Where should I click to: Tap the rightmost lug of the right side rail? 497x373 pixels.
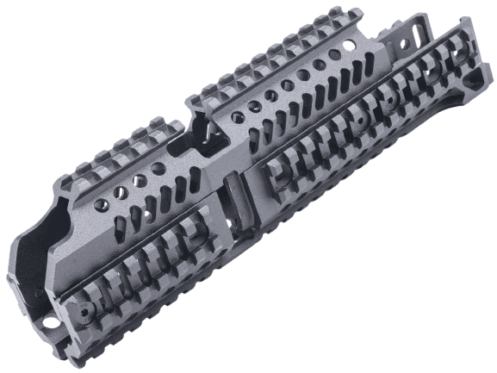pos(456,53)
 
